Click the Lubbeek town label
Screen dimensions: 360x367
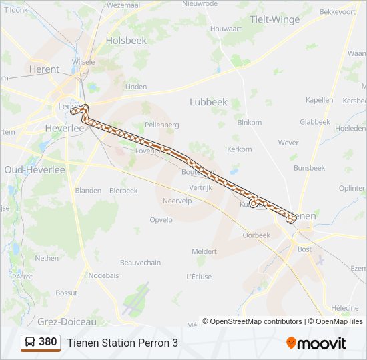(208, 102)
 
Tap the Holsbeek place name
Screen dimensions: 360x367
(125, 41)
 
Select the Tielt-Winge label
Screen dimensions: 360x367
(274, 19)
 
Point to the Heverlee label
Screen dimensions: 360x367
(65, 127)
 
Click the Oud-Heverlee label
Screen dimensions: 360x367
(35, 170)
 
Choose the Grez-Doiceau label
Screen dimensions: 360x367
(67, 321)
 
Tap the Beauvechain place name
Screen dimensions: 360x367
(140, 263)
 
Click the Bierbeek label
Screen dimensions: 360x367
(123, 191)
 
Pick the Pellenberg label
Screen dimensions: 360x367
(162, 125)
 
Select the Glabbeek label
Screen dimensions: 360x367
(314, 122)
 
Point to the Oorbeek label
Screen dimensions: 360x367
(256, 235)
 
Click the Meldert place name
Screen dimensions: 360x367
(204, 251)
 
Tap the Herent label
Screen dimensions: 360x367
(44, 69)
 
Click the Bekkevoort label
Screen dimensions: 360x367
(337, 12)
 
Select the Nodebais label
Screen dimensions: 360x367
(103, 275)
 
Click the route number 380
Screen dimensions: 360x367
(48, 342)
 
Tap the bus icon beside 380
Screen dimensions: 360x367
(30, 342)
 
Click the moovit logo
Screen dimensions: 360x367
(316, 343)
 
